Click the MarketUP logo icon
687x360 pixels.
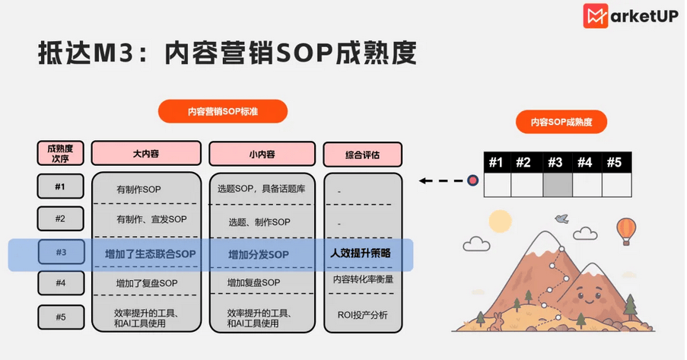(595, 16)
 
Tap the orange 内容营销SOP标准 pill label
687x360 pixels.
(223, 111)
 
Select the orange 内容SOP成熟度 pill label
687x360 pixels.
(561, 122)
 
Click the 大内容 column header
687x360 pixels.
(146, 154)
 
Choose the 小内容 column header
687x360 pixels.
(262, 154)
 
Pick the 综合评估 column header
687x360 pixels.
(362, 155)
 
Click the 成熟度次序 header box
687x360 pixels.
(60, 153)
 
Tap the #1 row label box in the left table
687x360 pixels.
(60, 186)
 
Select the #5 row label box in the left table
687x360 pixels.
(60, 317)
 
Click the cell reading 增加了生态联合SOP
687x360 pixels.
(151, 254)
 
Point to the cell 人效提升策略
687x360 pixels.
(361, 253)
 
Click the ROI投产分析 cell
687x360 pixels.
(362, 315)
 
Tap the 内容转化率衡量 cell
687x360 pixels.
(363, 279)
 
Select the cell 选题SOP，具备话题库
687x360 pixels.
(261, 189)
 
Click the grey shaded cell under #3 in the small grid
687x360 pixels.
(558, 185)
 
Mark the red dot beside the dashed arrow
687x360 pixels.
(472, 180)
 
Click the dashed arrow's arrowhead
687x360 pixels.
(422, 180)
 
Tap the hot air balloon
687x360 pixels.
(626, 231)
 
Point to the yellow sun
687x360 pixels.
(500, 221)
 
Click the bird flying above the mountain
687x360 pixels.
(561, 218)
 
